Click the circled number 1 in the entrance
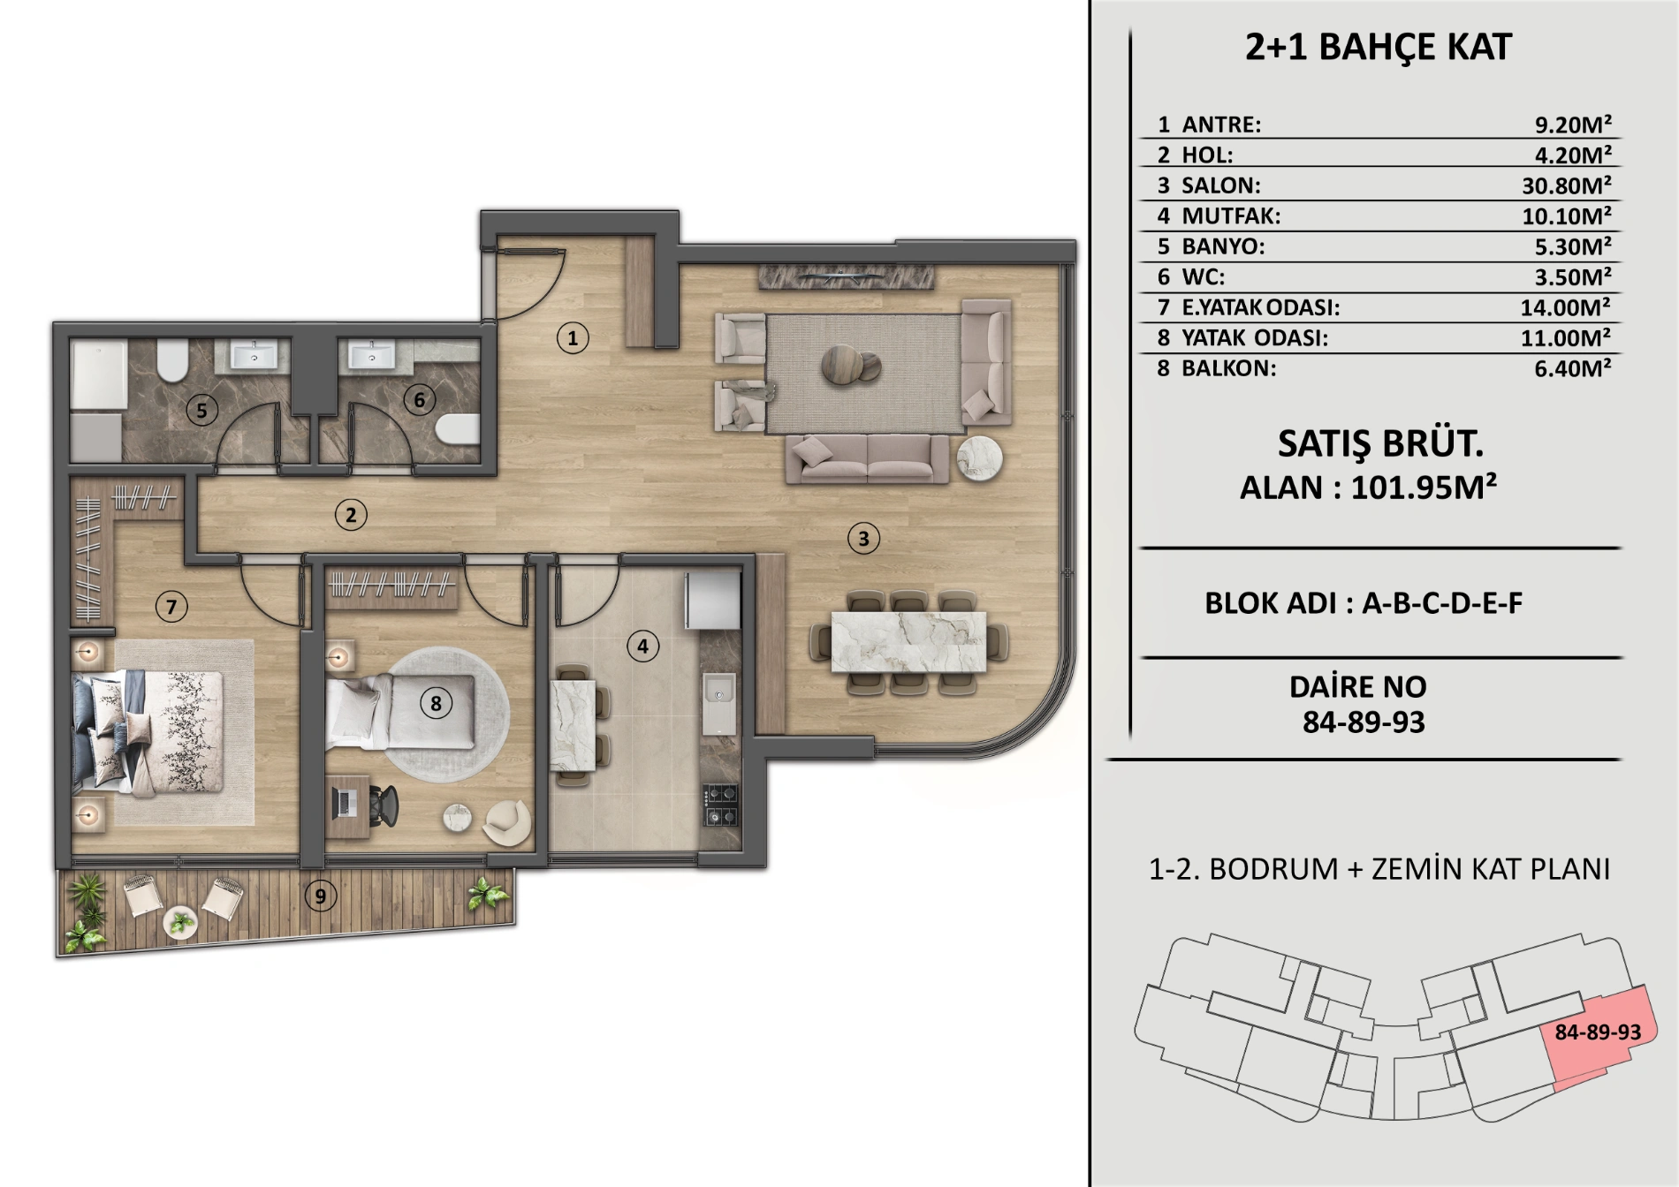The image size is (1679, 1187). tap(573, 337)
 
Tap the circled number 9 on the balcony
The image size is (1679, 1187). tap(321, 896)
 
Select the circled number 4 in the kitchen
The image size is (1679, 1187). tap(642, 646)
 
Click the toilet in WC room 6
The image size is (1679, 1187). tap(458, 429)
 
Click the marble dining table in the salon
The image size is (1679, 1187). tap(908, 641)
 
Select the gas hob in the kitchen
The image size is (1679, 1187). tap(720, 805)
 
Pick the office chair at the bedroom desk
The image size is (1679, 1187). tap(382, 805)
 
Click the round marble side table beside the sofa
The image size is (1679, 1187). tap(979, 457)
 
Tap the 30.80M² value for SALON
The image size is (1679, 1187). tap(1566, 185)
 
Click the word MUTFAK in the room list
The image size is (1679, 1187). tap(1231, 215)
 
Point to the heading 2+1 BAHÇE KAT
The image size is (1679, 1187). tap(1379, 47)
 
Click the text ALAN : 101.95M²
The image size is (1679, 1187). tap(1368, 487)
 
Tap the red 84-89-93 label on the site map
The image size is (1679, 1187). tap(1598, 1032)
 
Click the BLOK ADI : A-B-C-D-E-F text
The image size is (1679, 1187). tap(1364, 603)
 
